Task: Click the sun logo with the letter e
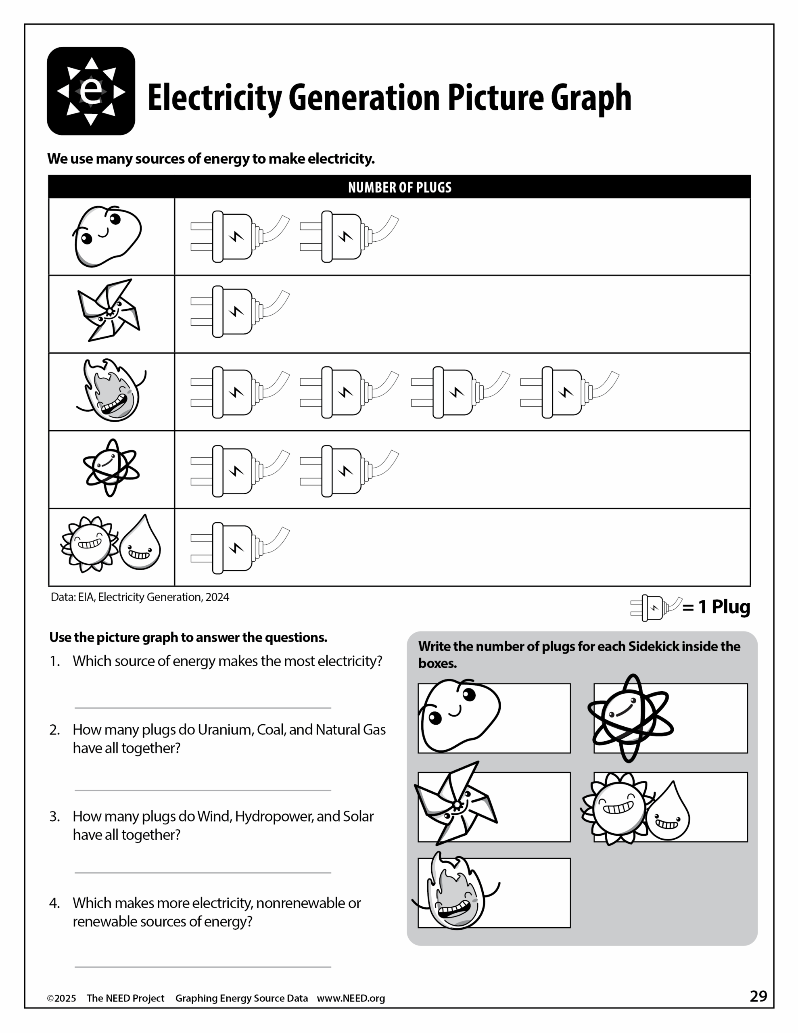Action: pos(91,91)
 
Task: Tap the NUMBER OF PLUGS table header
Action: pos(399,187)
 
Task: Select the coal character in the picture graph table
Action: pos(108,236)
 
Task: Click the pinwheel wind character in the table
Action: pos(109,310)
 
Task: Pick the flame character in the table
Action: pos(112,391)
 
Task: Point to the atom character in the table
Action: pos(111,467)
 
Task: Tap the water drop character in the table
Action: pos(140,543)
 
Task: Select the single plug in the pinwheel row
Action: pos(239,311)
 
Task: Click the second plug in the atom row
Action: pos(349,470)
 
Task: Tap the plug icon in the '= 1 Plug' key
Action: pos(656,608)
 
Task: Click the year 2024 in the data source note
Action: pos(217,597)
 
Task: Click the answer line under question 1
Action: pos(203,708)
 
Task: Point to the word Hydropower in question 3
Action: pos(274,816)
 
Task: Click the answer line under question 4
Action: pos(203,967)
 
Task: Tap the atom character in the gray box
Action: pos(630,718)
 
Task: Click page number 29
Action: pos(758,997)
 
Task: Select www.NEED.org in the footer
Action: pos(351,998)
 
